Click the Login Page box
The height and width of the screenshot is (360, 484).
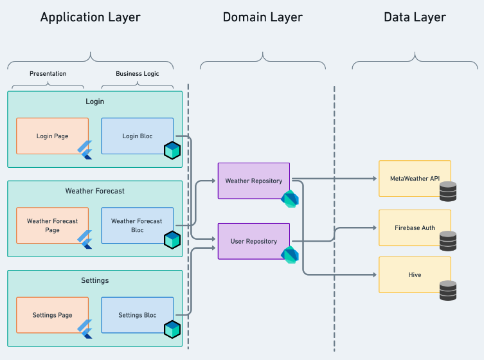(x=53, y=136)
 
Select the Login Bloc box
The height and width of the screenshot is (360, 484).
(x=138, y=136)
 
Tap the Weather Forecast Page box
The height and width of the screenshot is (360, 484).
(x=53, y=226)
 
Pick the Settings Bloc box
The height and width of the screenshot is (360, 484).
(x=138, y=315)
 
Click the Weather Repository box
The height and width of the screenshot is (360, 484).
(x=254, y=181)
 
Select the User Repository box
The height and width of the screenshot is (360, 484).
(x=254, y=241)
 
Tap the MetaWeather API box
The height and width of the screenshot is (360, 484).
(x=415, y=179)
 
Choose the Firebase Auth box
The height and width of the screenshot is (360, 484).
(x=415, y=228)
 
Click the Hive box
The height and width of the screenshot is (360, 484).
(x=415, y=274)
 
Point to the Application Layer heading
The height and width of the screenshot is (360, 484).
(x=91, y=17)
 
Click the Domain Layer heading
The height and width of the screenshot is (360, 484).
(x=263, y=17)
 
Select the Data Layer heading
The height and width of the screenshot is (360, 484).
(x=415, y=17)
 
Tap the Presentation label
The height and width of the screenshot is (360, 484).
(x=48, y=73)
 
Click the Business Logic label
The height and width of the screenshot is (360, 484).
(x=138, y=73)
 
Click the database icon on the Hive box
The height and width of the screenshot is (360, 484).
(x=448, y=290)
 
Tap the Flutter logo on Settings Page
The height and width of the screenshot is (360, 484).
(x=85, y=329)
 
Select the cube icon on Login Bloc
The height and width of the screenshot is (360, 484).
(x=172, y=150)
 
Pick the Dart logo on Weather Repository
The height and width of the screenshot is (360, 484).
(x=290, y=199)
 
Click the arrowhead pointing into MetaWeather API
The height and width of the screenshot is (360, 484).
(x=375, y=179)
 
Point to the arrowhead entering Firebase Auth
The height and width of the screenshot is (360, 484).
(x=375, y=228)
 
